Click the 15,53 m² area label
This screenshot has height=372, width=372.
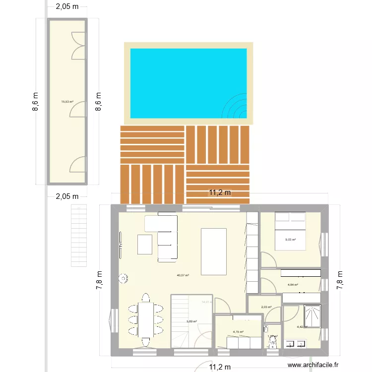pyautogui.click(x=67, y=102)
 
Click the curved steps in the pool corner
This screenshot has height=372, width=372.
pyautogui.click(x=237, y=106)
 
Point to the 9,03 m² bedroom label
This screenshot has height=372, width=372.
pyautogui.click(x=290, y=240)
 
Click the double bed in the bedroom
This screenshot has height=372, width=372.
pyautogui.click(x=290, y=231)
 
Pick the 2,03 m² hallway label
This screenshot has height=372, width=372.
pyautogui.click(x=266, y=307)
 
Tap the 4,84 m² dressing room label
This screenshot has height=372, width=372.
pyautogui.click(x=293, y=285)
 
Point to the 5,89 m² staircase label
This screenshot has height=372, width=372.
pyautogui.click(x=191, y=321)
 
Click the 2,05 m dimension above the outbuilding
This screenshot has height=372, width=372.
pyautogui.click(x=67, y=6)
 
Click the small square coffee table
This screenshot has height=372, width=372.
pyautogui.click(x=145, y=244)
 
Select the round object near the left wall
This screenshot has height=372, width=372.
pyautogui.click(x=124, y=278)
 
